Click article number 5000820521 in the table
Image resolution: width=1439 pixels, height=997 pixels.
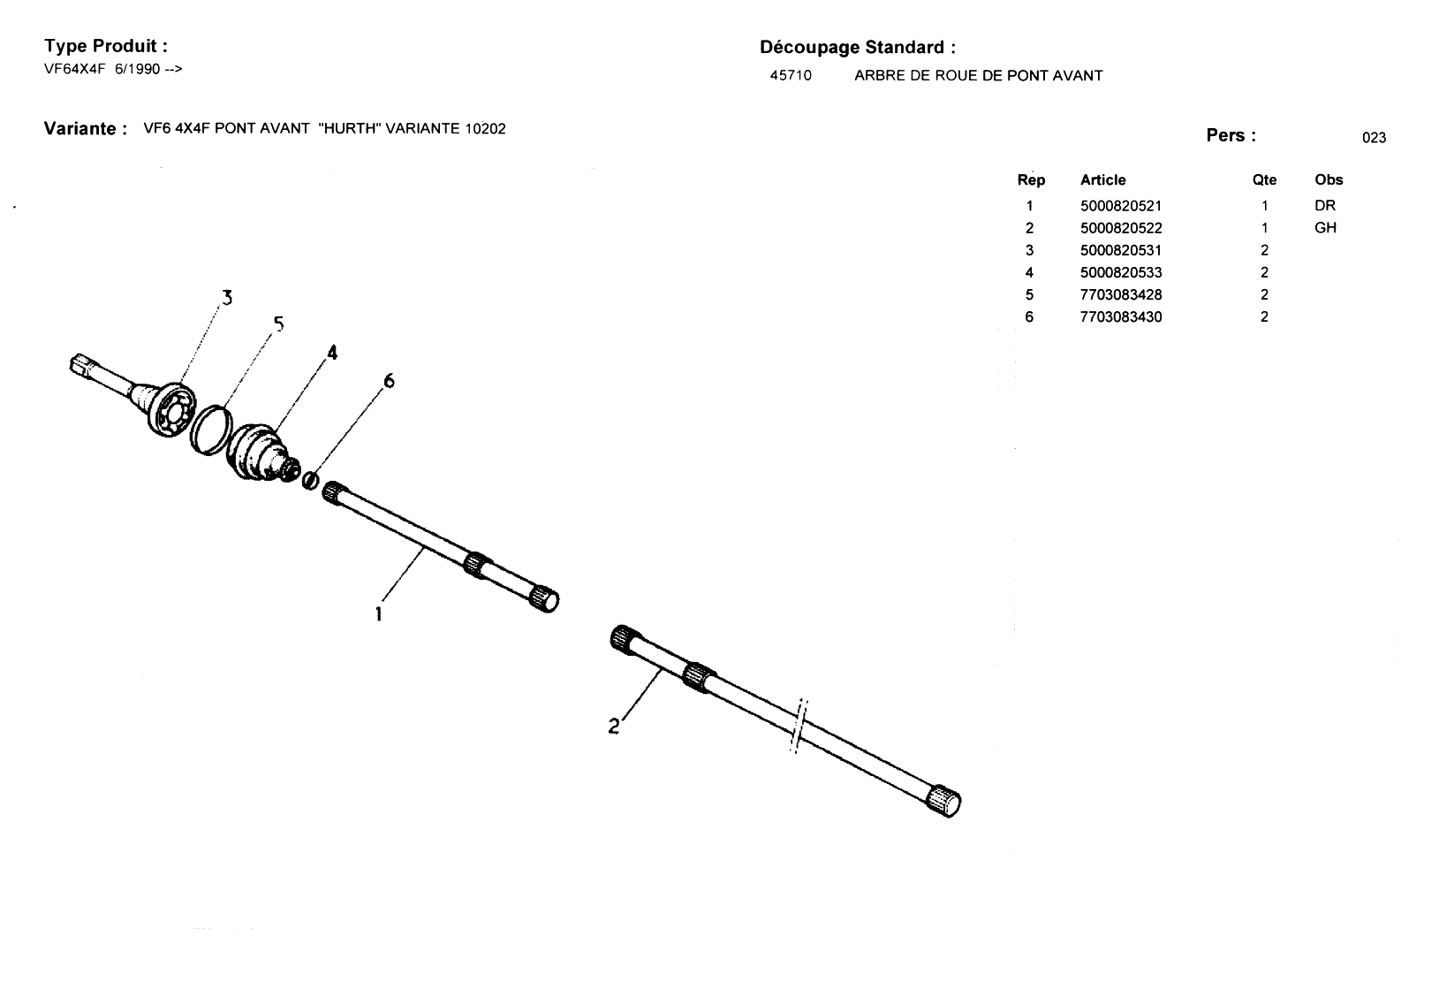[x=1121, y=206]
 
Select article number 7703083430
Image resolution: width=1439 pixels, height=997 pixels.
[x=1121, y=317]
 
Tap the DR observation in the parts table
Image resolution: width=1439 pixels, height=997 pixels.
[x=1325, y=206]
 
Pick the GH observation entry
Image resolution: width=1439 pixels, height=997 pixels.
[x=1325, y=227]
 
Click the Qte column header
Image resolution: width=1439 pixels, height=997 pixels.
[x=1264, y=180]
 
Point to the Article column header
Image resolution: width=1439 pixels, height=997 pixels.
[x=1103, y=180]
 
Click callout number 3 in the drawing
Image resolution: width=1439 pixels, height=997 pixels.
[x=227, y=298]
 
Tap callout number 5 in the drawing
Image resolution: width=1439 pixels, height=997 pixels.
[x=278, y=323]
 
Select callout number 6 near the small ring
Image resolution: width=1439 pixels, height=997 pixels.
[x=389, y=381]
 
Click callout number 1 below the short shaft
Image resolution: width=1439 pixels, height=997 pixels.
[x=379, y=614]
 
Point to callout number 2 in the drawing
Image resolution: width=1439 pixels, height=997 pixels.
[x=614, y=727]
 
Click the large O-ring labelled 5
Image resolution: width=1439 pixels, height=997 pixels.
[x=193, y=432]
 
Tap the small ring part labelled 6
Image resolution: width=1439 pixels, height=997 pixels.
[x=310, y=480]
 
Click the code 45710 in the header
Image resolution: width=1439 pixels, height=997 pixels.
[x=791, y=76]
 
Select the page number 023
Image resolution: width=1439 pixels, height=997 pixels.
[x=1375, y=138]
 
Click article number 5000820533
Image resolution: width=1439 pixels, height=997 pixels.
[x=1121, y=272]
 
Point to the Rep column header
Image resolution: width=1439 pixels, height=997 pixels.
[x=1031, y=180]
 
